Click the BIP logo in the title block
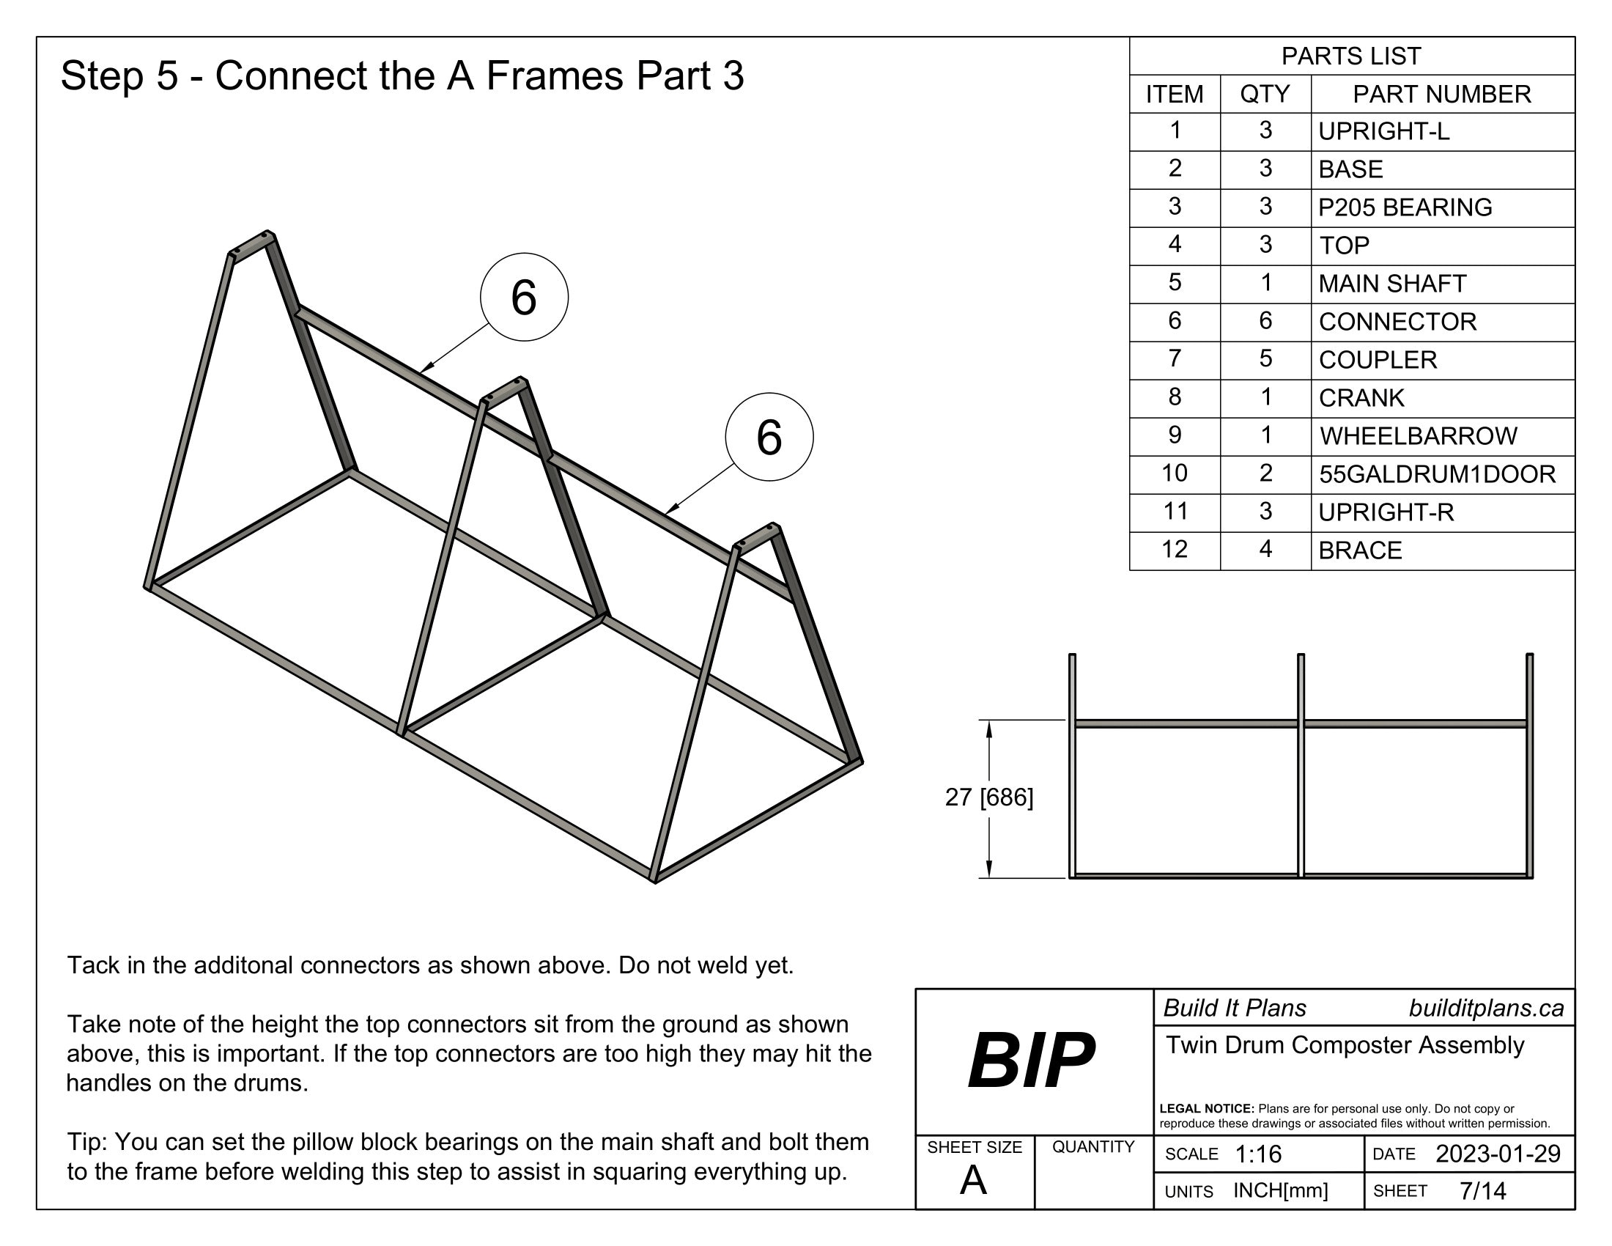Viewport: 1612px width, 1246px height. pos(1031,1061)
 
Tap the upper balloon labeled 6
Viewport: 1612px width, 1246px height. pos(524,297)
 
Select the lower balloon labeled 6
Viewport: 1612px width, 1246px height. pos(769,436)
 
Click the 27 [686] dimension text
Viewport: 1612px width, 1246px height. pos(989,797)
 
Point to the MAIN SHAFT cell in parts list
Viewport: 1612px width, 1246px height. pos(1392,284)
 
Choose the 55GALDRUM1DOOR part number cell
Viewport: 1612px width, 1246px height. pos(1437,474)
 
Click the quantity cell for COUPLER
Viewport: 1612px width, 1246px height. pos(1265,358)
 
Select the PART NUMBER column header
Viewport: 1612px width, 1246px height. pos(1441,94)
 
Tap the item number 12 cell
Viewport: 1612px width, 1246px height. pos(1175,549)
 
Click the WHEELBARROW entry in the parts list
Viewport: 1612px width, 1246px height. pos(1418,435)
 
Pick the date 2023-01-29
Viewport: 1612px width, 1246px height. pos(1498,1154)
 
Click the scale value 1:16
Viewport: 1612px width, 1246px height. pos(1257,1154)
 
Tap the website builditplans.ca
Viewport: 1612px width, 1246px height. pos(1486,1009)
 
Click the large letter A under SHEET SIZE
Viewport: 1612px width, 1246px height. pos(973,1181)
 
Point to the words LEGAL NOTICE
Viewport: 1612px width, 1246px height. pos(1206,1109)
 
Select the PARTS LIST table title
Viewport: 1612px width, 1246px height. pos(1350,56)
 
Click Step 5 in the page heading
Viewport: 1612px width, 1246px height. pos(119,76)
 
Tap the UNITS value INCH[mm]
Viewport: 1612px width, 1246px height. pos(1281,1190)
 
